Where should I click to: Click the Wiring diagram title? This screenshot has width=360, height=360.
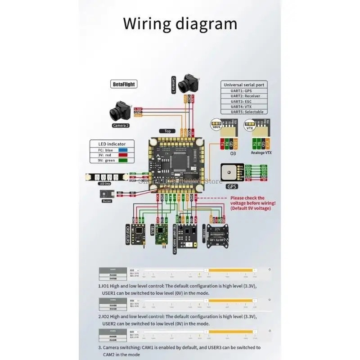coord(180,23)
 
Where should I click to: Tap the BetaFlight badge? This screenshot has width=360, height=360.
coord(123,84)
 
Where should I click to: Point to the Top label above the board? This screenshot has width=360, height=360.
coord(167,131)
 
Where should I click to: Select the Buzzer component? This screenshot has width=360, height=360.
coord(107,194)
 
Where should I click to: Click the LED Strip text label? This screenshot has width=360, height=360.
coord(105,183)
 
